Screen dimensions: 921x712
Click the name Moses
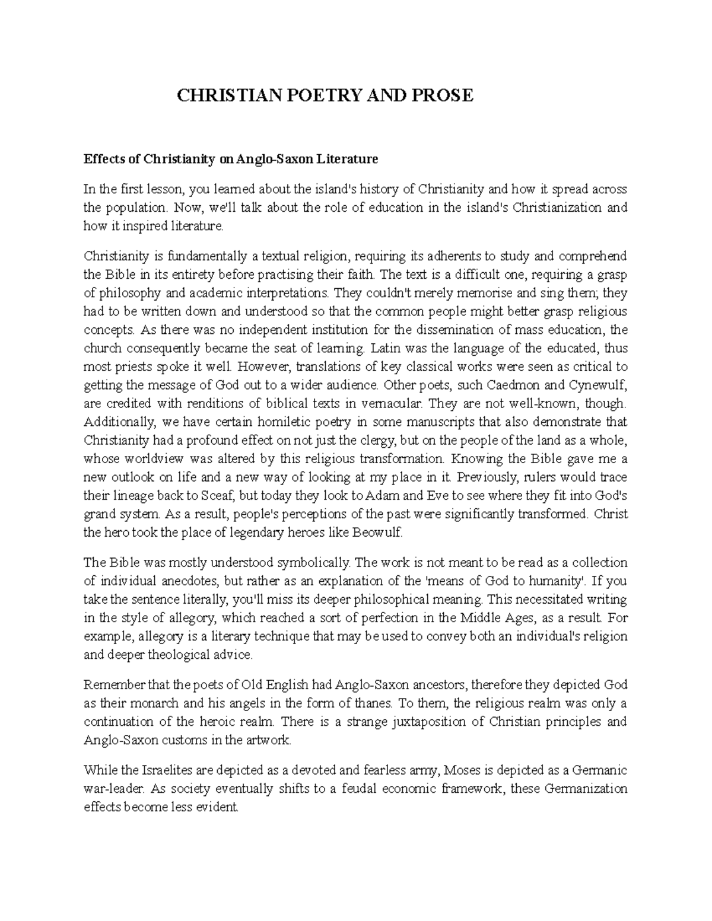[463, 770]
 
